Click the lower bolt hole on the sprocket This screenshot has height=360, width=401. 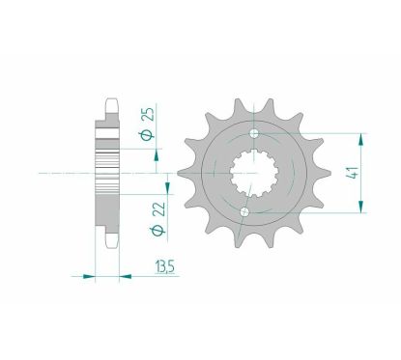(245, 211)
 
